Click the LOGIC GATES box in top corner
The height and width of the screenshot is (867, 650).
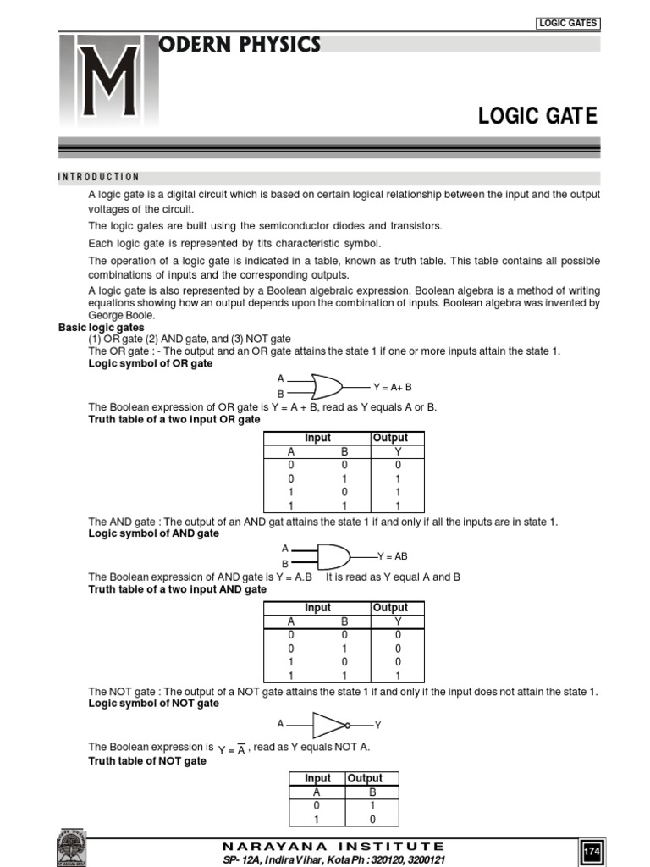[x=568, y=23]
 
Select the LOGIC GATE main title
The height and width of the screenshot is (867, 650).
[x=538, y=116]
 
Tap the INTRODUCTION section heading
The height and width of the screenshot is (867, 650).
[x=98, y=177]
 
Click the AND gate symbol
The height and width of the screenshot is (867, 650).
[x=333, y=556]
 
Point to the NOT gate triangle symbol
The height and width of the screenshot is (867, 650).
[x=330, y=725]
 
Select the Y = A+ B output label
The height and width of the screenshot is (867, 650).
[x=392, y=387]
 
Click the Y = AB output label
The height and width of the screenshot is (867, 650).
[x=392, y=556]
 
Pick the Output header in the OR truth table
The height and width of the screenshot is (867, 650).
[x=389, y=438]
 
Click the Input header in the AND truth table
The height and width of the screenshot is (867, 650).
[x=317, y=608]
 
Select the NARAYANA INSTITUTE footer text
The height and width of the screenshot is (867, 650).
[x=333, y=846]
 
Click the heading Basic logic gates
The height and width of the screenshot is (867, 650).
[x=101, y=327]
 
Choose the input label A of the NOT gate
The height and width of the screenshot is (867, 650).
[x=280, y=724]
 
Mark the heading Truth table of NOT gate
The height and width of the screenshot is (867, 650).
[x=147, y=761]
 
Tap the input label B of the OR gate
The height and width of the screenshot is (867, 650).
[x=281, y=395]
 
